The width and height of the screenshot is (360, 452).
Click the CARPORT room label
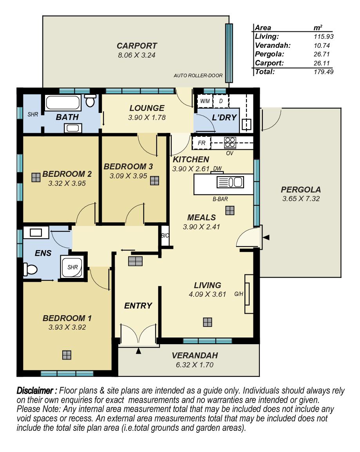[137, 46]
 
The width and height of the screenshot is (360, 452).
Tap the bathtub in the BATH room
[63, 103]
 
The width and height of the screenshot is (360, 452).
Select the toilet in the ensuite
[30, 270]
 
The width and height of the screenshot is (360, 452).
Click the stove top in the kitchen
[230, 142]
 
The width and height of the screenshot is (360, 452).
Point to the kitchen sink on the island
[230, 182]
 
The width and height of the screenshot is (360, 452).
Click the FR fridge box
[202, 143]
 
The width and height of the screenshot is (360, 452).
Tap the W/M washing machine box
[205, 101]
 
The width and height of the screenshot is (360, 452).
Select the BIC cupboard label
[165, 236]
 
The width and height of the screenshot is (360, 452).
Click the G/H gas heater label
[239, 294]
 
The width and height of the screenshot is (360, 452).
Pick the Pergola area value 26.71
[321, 54]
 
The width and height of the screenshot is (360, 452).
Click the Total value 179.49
[324, 72]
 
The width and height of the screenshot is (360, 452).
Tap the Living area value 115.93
[324, 36]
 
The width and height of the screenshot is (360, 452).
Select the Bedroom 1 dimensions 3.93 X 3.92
[67, 327]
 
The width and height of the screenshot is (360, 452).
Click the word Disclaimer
[35, 390]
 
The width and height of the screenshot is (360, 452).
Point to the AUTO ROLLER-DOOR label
[198, 76]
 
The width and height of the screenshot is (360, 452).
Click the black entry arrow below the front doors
[139, 351]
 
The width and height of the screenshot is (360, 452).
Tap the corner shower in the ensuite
[72, 267]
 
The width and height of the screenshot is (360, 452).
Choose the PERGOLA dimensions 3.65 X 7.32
[301, 199]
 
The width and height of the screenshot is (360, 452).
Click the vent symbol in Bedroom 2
[36, 177]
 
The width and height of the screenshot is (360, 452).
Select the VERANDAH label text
[195, 356]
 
